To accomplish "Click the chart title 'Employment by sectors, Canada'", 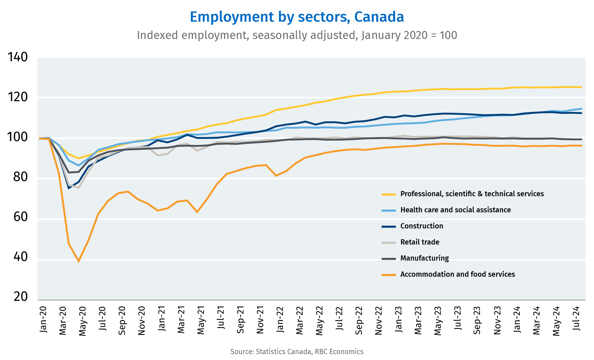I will point(297,17).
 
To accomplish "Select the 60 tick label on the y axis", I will point(21,217).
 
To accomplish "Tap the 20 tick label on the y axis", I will point(21,297).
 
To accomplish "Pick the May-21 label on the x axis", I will point(201,320).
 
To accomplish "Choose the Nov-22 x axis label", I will point(379,320).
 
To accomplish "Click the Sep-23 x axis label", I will point(477,320).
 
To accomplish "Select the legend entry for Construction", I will point(422,226).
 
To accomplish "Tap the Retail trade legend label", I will point(420,242).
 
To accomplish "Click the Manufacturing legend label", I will point(424,258).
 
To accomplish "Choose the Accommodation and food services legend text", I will point(458,274).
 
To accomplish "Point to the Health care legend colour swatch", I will point(389,210).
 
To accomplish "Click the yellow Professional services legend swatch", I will point(389,194).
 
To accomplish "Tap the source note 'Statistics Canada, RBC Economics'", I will point(309,352).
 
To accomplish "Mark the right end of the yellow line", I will point(582,87).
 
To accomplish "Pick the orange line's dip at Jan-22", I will point(276,176).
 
